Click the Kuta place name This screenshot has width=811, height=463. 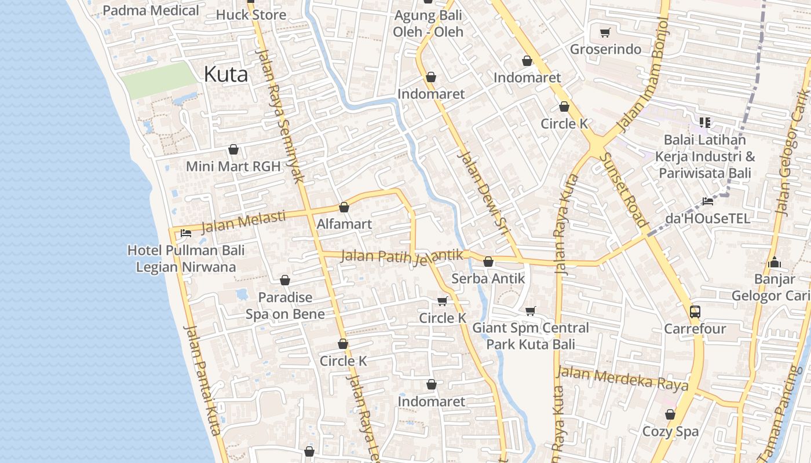pyautogui.click(x=226, y=74)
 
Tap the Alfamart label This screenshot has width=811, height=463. pyautogui.click(x=344, y=223)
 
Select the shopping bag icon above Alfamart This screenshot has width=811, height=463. pyautogui.click(x=344, y=207)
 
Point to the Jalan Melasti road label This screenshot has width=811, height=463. pyautogui.click(x=243, y=221)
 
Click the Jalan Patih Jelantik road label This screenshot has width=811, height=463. pyautogui.click(x=402, y=256)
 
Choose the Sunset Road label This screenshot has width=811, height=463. pyautogui.click(x=623, y=190)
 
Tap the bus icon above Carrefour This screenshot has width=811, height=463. pyautogui.click(x=695, y=312)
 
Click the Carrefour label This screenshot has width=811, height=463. pyautogui.click(x=695, y=329)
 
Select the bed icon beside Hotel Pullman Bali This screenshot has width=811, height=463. pyautogui.click(x=186, y=233)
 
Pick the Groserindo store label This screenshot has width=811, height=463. pyautogui.click(x=605, y=49)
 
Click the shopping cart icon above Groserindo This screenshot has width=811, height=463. pyautogui.click(x=605, y=33)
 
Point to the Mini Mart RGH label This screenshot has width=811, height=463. pyautogui.click(x=233, y=167)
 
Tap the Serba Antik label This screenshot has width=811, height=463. pyautogui.click(x=488, y=278)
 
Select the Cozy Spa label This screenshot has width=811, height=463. pyautogui.click(x=670, y=431)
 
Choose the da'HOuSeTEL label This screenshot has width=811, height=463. pyautogui.click(x=707, y=218)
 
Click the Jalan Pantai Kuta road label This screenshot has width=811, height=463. pyautogui.click(x=202, y=380)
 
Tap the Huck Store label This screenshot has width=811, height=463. pyautogui.click(x=251, y=14)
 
